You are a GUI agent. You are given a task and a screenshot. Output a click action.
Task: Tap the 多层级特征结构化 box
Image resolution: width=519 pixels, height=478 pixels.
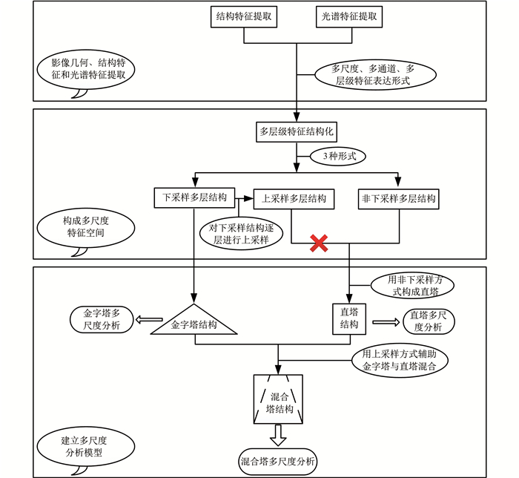(297, 132)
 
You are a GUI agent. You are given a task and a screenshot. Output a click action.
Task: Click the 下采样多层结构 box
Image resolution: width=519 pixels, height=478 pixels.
(194, 198)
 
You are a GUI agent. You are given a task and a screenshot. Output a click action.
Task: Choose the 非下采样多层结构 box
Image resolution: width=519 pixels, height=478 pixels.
(397, 198)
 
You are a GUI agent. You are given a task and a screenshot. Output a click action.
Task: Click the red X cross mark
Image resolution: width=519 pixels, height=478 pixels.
(319, 243)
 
